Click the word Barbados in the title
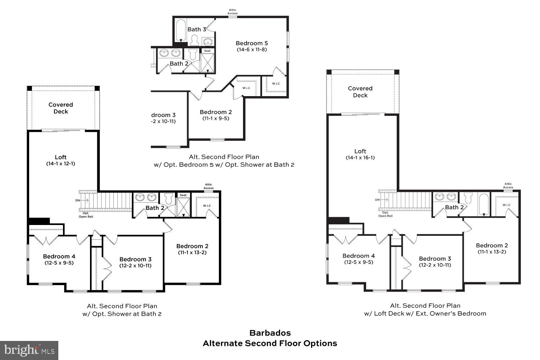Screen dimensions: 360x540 click(270, 333)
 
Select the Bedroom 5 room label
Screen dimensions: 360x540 click(252, 43)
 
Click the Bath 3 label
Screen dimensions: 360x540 click(197, 30)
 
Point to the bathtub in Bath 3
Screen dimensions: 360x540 click(180, 31)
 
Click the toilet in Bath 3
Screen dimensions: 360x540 click(195, 40)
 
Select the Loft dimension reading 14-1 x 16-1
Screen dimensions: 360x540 click(360, 158)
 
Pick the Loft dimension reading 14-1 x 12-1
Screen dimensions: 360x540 click(60, 163)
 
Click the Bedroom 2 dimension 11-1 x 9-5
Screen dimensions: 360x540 click(216, 118)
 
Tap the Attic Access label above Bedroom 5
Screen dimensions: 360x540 click(233, 12)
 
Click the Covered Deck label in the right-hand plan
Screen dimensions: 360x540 click(360, 92)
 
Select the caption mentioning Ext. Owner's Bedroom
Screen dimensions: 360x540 click(425, 314)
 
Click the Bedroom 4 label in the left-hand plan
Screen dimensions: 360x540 click(59, 256)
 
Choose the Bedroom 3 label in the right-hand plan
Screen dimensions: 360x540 click(435, 258)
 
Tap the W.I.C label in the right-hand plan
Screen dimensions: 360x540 click(506, 205)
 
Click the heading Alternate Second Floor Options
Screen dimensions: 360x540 click(270, 343)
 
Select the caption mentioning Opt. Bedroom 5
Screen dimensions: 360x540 click(224, 165)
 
